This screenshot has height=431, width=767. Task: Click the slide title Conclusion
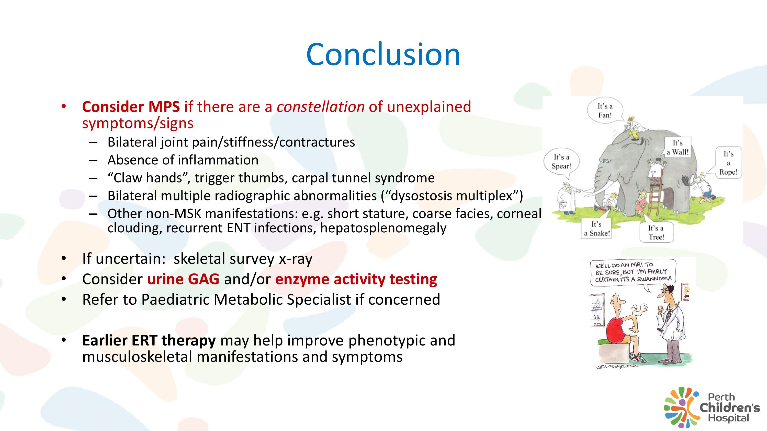point(383,54)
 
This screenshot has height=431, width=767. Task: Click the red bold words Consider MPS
point(131,106)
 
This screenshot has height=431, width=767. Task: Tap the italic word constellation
point(321,106)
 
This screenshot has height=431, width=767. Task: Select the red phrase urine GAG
point(183,279)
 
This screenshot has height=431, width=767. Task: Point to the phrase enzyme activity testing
point(356,279)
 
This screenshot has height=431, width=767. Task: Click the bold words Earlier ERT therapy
point(149,341)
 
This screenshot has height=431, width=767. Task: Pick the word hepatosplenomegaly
point(383,228)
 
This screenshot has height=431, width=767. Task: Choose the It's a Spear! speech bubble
point(561,162)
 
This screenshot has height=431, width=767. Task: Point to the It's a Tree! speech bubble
point(656,232)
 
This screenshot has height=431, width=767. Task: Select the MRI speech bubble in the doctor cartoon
point(633,272)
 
